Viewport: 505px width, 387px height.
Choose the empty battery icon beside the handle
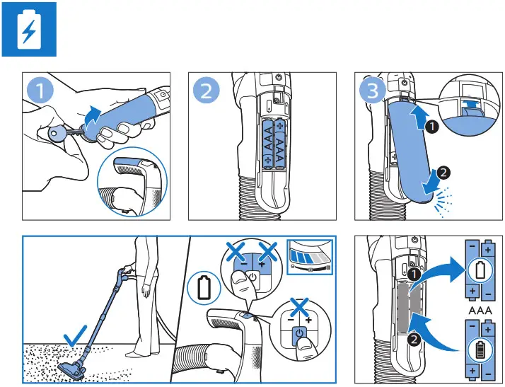204,289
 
